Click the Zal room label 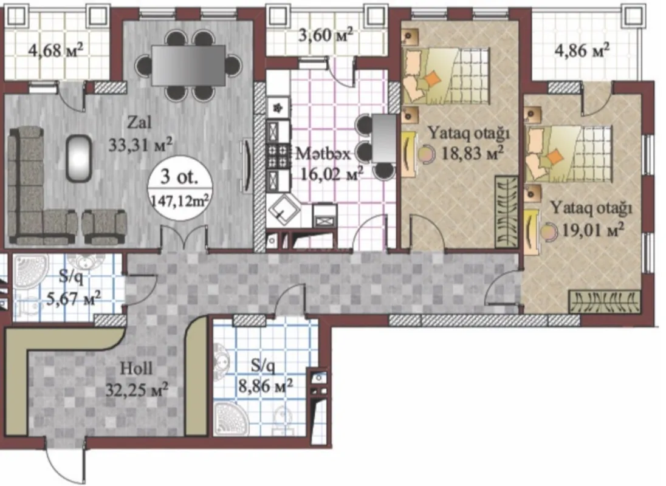(x=140, y=123)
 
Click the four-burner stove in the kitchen (x=279, y=156)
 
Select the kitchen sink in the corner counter (x=283, y=210)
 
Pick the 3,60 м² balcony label (x=326, y=36)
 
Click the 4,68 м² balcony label (x=56, y=49)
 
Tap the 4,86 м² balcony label (x=582, y=50)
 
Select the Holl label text (x=137, y=368)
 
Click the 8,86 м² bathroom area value (x=265, y=384)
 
